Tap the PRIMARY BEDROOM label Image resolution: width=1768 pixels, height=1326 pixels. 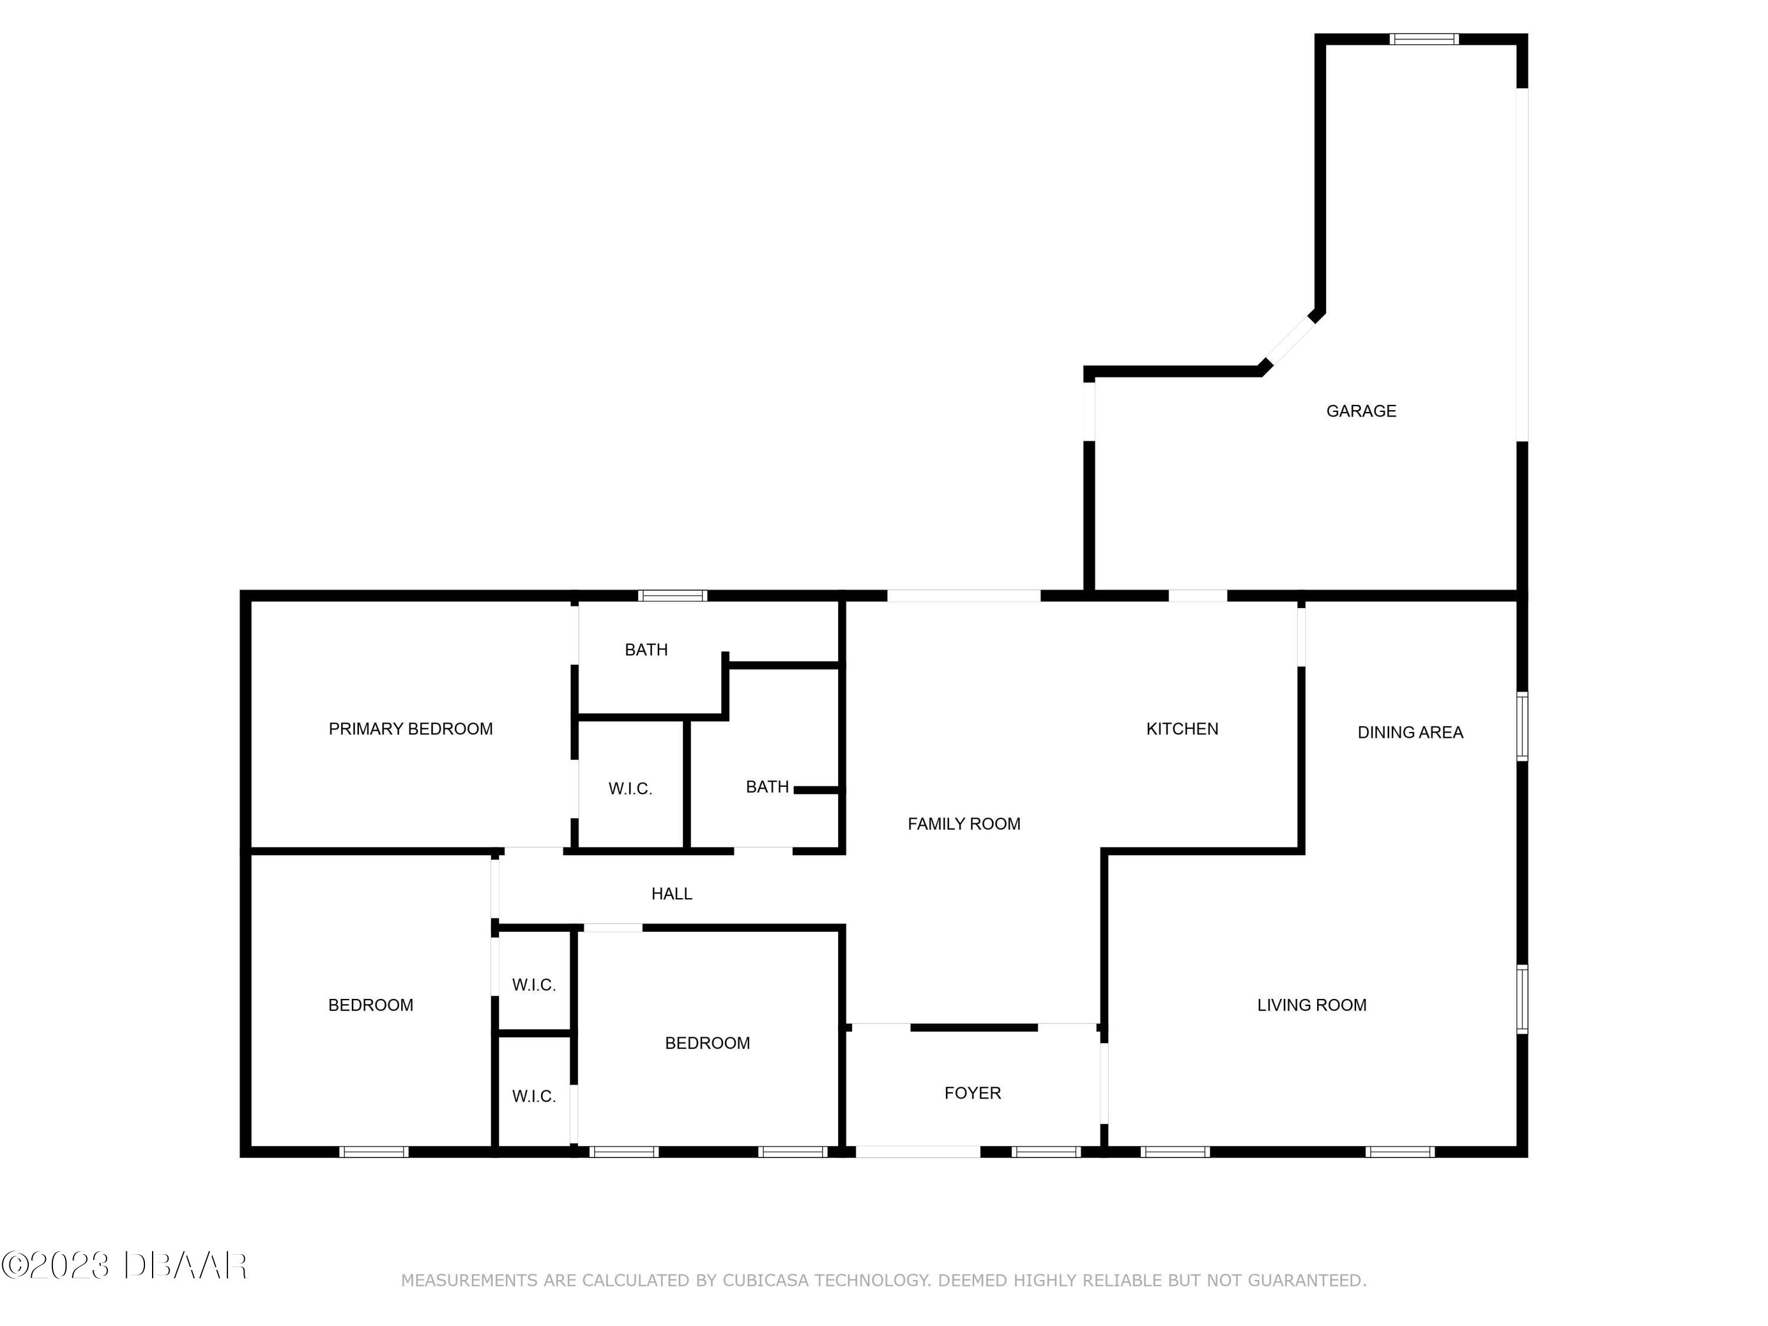(410, 729)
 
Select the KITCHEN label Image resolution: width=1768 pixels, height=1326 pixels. (1182, 729)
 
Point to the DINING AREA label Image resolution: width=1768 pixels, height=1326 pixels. (1410, 732)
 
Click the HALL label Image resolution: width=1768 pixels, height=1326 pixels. (671, 893)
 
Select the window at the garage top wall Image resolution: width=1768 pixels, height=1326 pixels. (1423, 38)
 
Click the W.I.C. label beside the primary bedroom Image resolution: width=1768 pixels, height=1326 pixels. (630, 789)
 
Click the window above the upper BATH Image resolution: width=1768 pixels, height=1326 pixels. (672, 595)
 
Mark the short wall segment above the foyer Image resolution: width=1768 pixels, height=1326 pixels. (974, 1027)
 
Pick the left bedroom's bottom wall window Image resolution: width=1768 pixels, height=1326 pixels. (373, 1152)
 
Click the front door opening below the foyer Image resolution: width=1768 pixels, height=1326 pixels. (918, 1152)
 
